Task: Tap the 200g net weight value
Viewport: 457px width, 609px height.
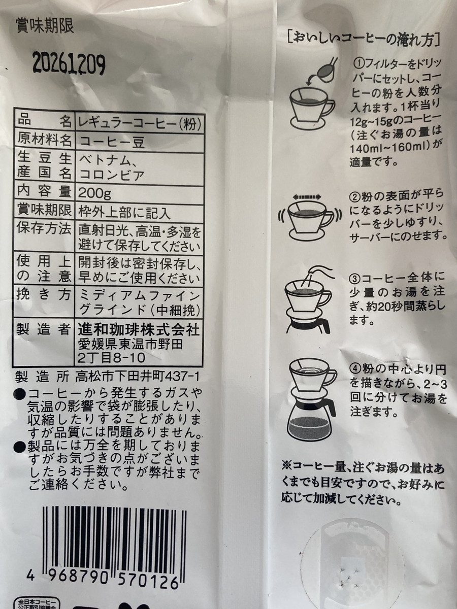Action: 94,194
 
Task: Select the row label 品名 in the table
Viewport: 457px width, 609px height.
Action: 44,122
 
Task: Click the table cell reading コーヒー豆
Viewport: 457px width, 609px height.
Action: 112,142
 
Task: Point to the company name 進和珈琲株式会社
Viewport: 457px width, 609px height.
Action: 139,330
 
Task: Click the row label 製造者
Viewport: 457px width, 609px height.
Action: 44,329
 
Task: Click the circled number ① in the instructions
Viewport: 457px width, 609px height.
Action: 358,63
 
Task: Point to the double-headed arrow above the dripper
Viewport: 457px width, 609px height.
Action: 307,197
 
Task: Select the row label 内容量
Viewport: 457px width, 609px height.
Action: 44,192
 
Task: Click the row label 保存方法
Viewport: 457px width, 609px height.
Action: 44,228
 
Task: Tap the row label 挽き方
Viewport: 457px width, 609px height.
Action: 44,295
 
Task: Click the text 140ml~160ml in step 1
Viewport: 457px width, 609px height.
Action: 389,150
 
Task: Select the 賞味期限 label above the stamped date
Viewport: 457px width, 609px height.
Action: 45,26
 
